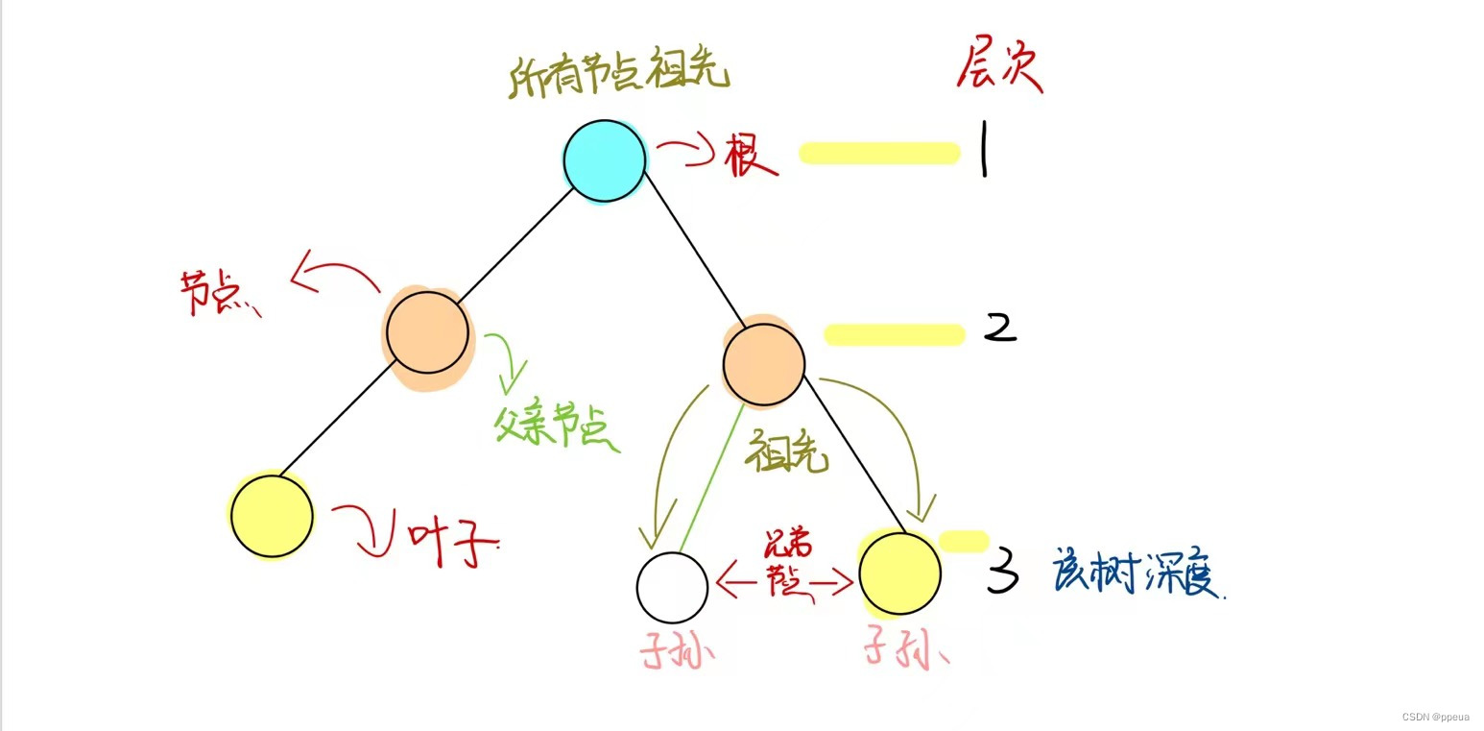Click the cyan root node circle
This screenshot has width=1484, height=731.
click(604, 161)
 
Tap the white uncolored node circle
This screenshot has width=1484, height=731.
click(673, 587)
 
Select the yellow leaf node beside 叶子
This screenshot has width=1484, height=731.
click(272, 516)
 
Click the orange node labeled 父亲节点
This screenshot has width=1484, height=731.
click(428, 332)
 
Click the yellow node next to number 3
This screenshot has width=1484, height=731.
click(899, 573)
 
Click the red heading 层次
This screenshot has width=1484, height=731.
click(999, 70)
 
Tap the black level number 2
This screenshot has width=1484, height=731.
click(999, 329)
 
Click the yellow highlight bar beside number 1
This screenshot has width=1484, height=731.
click(879, 153)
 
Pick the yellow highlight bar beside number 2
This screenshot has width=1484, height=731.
click(894, 334)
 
